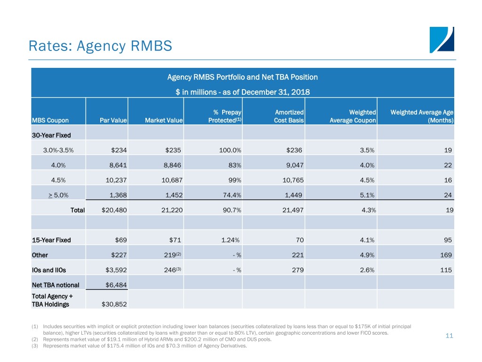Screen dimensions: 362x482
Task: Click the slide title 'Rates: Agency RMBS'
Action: click(100, 46)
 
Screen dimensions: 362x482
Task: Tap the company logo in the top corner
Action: click(442, 40)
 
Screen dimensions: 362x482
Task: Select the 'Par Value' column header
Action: click(113, 121)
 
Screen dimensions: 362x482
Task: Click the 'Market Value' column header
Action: click(164, 121)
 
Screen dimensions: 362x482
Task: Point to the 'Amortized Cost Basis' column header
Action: click(289, 116)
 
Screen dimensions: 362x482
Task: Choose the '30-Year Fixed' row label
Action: click(51, 135)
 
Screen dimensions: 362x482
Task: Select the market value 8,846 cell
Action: click(172, 165)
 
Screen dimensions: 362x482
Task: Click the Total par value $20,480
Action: click(114, 211)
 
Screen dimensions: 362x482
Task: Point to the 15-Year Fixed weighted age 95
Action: click(448, 240)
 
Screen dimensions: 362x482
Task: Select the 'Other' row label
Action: click(40, 255)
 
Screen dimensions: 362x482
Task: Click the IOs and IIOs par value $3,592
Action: click(114, 270)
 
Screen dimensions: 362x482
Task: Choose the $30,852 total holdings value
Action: click(114, 304)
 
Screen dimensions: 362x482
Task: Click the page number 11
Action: click(449, 336)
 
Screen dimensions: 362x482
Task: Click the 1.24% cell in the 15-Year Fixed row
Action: click(231, 240)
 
